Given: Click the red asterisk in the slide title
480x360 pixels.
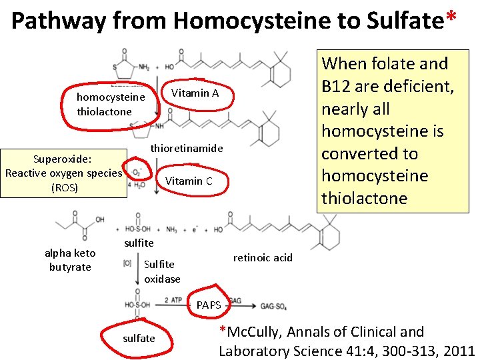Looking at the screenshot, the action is pos(452,18).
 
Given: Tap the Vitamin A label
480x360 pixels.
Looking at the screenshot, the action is pos(195,93).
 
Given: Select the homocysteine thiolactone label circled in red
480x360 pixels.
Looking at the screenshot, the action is pos(111,105).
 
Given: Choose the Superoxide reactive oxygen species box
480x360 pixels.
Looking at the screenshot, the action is pos(64,173).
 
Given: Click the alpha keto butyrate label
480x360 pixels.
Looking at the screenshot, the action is pos(70,260).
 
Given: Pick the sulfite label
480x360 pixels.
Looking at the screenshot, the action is pos(139,243).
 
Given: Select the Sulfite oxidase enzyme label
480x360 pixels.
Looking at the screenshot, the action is pos(161,271).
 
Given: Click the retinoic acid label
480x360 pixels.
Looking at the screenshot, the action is pos(263,257).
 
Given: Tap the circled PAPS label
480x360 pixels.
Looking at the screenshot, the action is pos(209,305).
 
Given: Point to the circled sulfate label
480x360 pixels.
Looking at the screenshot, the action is pos(139,338).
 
